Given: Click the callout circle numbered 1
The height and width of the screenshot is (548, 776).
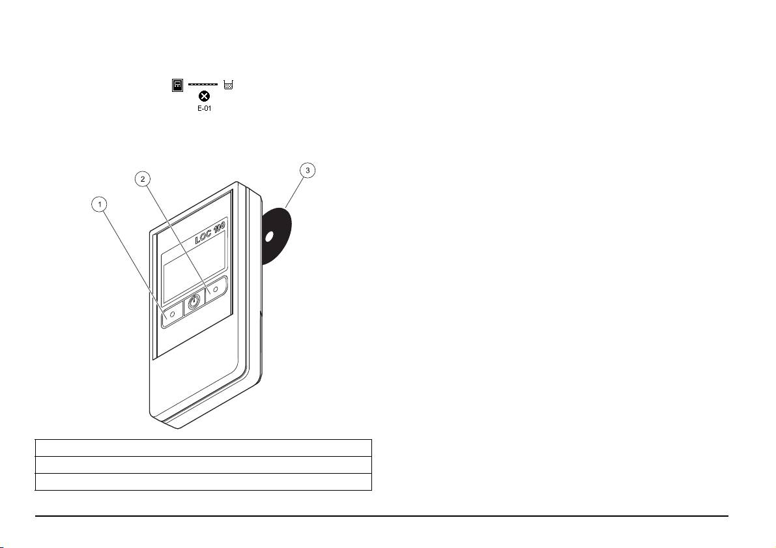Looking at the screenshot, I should pos(100,205).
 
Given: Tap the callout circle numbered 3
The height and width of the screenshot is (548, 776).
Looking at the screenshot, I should pos(308,170).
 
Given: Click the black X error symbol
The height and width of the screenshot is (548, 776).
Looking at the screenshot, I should pos(203,97).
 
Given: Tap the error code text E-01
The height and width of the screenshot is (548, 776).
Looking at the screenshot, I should pos(203,109).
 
